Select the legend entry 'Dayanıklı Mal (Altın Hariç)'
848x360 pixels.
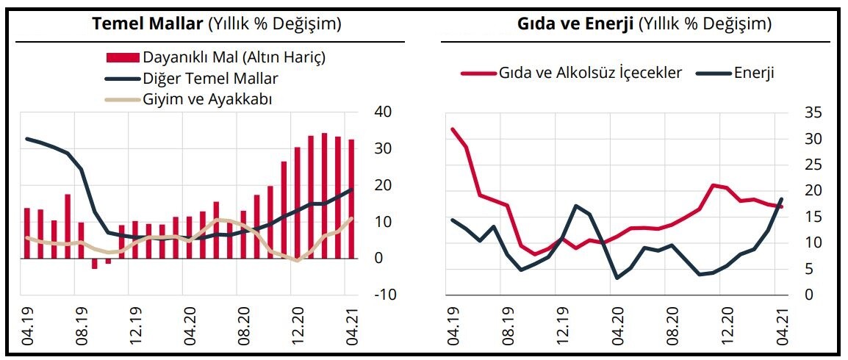pos(234,57)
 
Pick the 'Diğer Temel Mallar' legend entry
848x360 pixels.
pos(210,78)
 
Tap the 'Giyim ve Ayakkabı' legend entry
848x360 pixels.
pos(207,99)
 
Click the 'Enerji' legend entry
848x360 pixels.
pos(754,73)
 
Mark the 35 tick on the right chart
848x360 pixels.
pos(803,112)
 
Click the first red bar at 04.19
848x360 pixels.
pos(26,233)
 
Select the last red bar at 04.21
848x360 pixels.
pos(351,198)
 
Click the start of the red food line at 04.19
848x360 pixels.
pos(453,129)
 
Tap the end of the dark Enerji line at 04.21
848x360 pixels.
pos(781,199)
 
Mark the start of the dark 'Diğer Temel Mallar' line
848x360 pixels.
pos(26,139)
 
